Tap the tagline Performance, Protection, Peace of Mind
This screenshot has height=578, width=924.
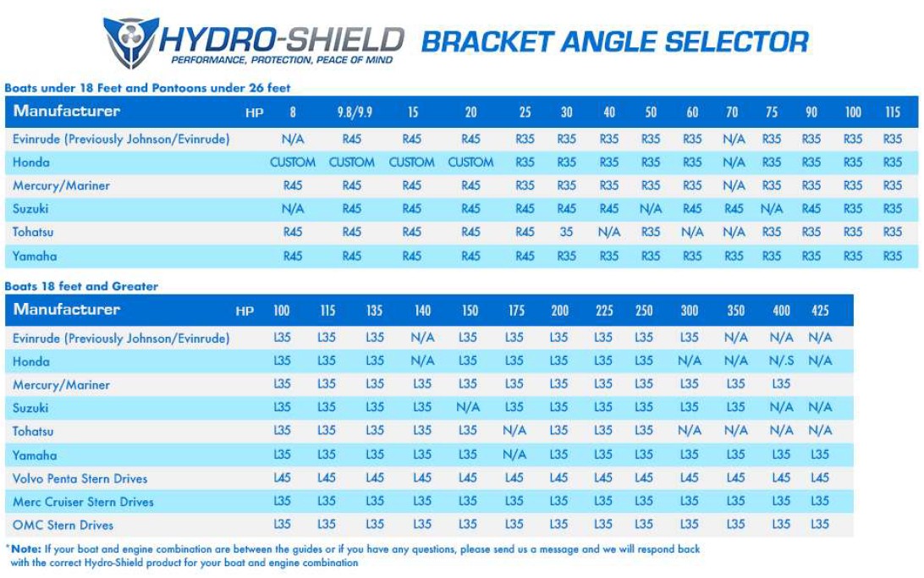pyautogui.click(x=282, y=61)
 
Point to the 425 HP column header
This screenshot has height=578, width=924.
pyautogui.click(x=819, y=311)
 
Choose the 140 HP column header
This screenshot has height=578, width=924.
pyautogui.click(x=422, y=311)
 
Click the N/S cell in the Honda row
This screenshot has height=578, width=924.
pyautogui.click(x=781, y=361)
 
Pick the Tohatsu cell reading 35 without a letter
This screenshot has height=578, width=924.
pyautogui.click(x=566, y=232)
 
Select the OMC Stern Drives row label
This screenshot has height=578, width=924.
pyautogui.click(x=63, y=525)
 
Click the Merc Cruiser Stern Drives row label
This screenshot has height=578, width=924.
pyautogui.click(x=83, y=502)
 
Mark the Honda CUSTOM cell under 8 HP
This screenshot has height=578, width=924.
pyautogui.click(x=293, y=162)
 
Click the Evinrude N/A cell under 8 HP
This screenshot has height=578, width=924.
pyautogui.click(x=293, y=139)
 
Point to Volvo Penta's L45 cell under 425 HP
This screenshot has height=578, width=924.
pyautogui.click(x=819, y=478)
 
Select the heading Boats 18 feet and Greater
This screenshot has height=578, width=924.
pyautogui.click(x=81, y=286)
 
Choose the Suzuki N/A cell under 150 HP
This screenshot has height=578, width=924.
pyautogui.click(x=468, y=408)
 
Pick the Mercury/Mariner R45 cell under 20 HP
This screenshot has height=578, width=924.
pyautogui.click(x=470, y=185)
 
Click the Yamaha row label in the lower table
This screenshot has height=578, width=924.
pyautogui.click(x=35, y=455)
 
